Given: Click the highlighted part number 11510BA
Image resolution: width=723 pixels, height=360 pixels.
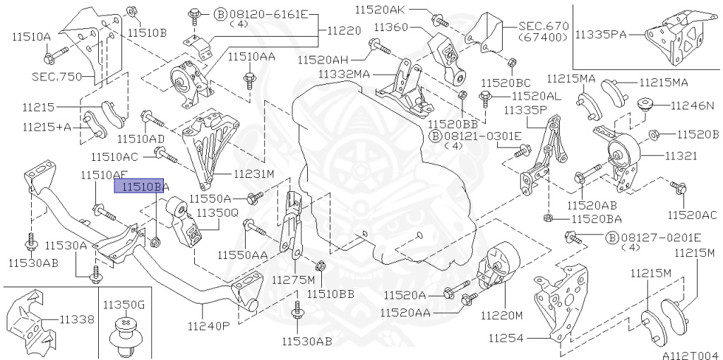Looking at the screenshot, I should pos(140,186).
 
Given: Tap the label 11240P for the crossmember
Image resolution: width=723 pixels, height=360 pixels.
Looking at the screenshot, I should pos(209,326).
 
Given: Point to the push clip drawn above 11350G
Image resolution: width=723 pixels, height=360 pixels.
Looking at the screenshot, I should pos(125,335).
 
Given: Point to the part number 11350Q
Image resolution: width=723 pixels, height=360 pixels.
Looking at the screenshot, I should pos(217,212).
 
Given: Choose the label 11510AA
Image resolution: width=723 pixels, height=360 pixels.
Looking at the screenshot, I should pos(251,55).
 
